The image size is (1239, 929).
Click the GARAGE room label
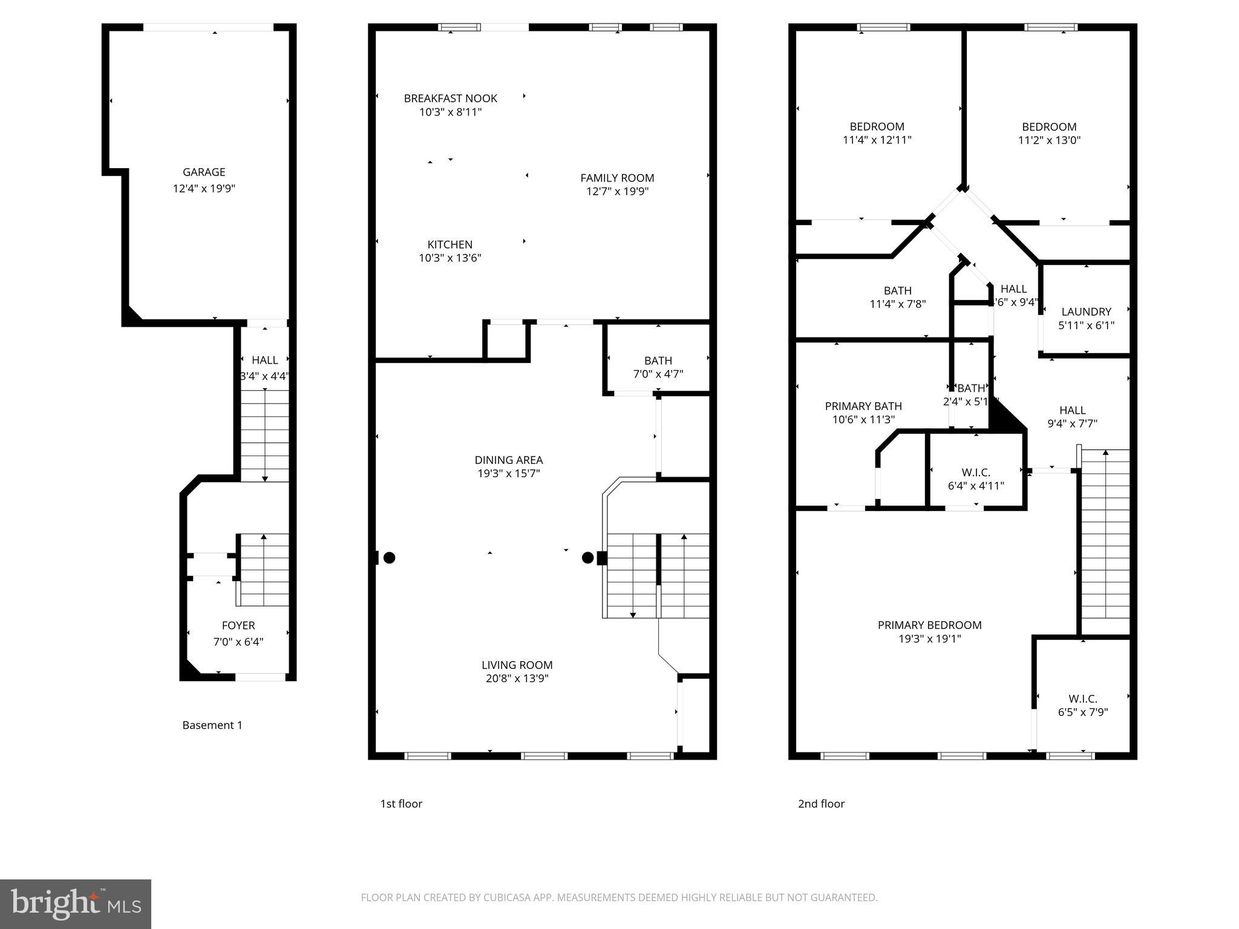coord(204,172)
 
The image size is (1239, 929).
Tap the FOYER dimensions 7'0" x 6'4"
coord(238,642)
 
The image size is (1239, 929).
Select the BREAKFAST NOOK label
coord(450,98)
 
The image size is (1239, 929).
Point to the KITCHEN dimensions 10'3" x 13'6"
coord(450,258)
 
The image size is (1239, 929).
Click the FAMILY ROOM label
coord(617,178)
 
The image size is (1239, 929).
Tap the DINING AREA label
coord(508,460)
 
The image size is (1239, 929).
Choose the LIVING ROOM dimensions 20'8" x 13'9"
coord(517,679)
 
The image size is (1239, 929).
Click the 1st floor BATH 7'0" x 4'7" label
coord(658,360)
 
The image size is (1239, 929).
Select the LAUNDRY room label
coord(1086,311)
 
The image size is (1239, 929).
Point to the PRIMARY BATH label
coord(863,406)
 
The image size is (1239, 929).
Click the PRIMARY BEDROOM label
coord(929,625)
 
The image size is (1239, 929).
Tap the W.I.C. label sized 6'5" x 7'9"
coord(1082,699)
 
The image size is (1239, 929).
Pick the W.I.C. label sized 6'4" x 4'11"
coord(976,472)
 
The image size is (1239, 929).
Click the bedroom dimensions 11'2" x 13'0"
coord(1049,140)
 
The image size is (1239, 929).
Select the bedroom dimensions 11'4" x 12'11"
coord(877,140)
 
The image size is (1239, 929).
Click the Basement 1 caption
coord(212,725)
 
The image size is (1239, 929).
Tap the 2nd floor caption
coord(821,804)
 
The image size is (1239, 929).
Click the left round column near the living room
coord(390,558)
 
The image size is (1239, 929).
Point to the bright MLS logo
coord(76,904)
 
